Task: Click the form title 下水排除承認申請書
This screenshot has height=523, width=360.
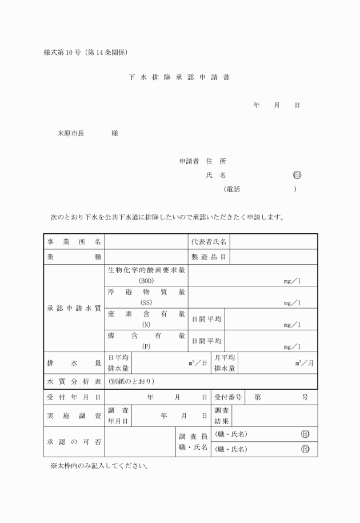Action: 179,78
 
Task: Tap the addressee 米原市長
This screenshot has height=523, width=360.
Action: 70,133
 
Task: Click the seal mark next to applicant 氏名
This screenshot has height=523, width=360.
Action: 297,175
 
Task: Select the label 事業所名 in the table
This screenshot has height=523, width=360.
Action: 74,242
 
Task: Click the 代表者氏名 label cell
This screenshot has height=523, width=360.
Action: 209,242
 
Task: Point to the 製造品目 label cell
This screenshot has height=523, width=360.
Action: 209,257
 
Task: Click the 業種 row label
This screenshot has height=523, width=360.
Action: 74,257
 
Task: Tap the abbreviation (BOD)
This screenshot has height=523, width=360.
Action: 146,281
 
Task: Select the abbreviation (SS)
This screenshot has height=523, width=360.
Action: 146,302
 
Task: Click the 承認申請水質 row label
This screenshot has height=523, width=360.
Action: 74,308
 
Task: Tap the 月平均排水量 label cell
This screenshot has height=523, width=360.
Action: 225,363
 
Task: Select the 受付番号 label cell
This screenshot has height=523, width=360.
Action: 228,397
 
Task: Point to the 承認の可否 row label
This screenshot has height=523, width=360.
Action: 74,442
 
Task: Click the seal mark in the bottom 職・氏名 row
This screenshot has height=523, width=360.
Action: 305,449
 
